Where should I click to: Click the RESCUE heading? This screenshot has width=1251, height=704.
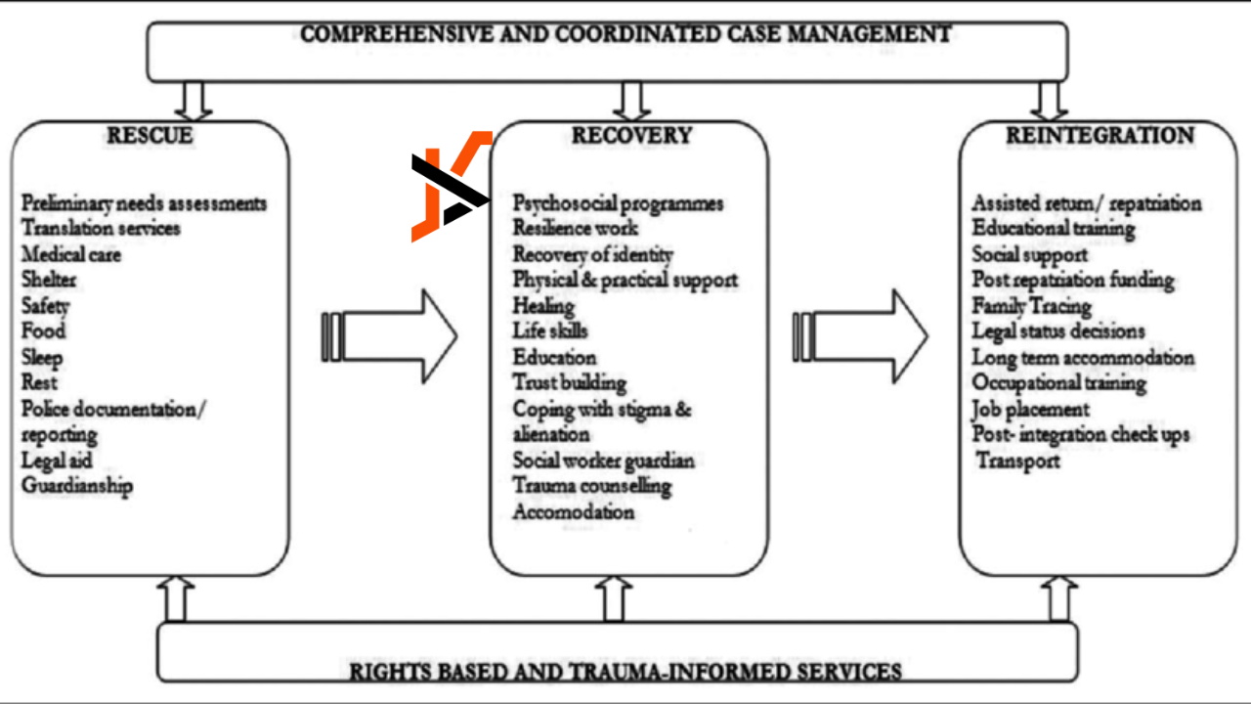pos(149,136)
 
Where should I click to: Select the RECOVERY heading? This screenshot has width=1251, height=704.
pos(631,136)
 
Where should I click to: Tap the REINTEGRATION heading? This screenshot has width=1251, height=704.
pos(1100,136)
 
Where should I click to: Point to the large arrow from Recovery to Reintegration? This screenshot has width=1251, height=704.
pos(860,335)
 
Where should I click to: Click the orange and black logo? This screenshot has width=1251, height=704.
pos(450,186)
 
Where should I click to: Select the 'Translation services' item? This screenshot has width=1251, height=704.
pos(101,228)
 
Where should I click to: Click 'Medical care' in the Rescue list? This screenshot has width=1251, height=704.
pos(71,254)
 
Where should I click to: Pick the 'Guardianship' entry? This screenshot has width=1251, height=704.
pos(77,486)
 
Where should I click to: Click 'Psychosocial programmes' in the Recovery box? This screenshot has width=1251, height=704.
pos(618,203)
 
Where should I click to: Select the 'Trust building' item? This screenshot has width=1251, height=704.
pos(570,383)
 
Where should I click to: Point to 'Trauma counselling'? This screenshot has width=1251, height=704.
pos(592,486)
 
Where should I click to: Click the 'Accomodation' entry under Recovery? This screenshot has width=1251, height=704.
pos(574,511)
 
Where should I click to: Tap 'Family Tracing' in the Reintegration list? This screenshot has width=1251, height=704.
pos(1031,306)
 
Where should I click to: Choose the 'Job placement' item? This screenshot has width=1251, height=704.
pos(1030,409)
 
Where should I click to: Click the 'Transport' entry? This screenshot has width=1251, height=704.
pos(1018,461)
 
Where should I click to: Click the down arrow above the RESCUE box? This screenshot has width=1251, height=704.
pos(193,100)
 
